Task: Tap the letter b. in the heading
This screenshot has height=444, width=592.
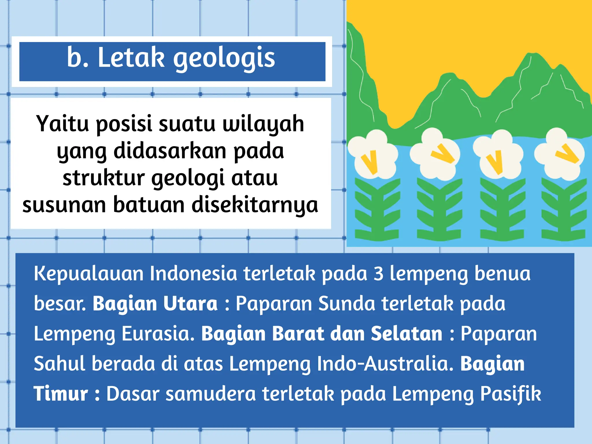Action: [78, 58]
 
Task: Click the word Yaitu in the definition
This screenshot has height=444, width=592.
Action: [62, 124]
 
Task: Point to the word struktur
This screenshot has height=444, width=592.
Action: [103, 178]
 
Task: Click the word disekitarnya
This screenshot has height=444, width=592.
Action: [255, 205]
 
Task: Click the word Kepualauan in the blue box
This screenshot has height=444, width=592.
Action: [88, 274]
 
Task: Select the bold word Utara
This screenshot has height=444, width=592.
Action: [190, 304]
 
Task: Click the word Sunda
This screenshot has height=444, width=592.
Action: [347, 304]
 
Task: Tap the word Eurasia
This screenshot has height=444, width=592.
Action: [158, 334]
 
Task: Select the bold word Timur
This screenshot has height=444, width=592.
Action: [61, 394]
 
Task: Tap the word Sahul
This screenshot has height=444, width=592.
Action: [59, 364]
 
